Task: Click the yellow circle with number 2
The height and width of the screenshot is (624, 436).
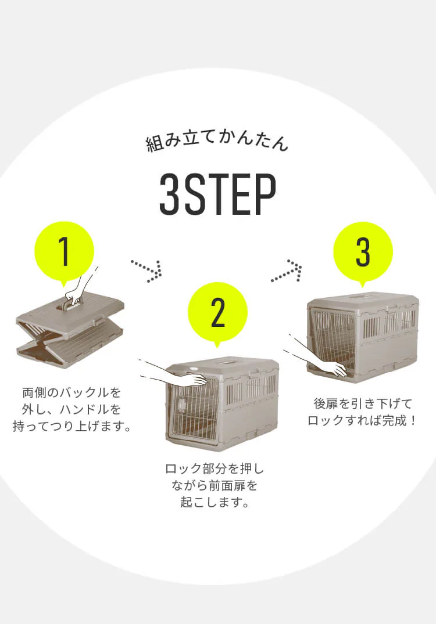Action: [217, 312]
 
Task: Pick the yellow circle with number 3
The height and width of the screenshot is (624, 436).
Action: [363, 252]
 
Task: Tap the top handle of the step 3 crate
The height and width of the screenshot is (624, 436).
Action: [364, 297]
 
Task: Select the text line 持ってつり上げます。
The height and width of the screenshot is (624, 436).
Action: [72, 427]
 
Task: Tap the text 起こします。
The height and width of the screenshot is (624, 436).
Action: [215, 502]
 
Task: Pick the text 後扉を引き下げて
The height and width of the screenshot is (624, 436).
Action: [363, 403]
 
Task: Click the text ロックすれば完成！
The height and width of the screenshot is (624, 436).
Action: [363, 420]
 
